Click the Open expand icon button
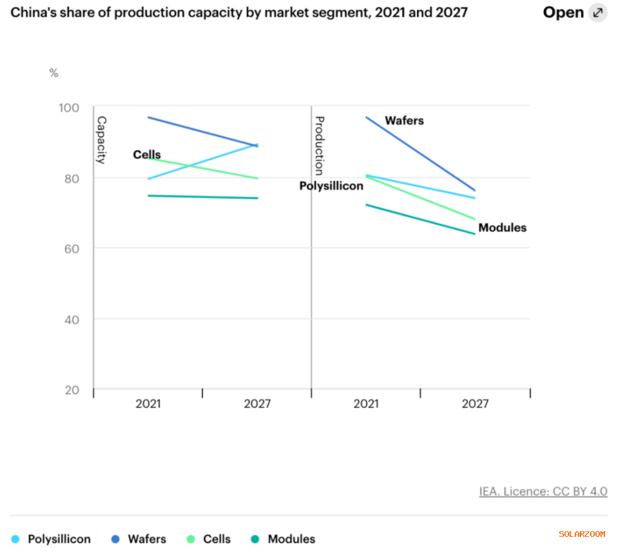click(x=598, y=13)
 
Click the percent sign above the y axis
click(x=54, y=73)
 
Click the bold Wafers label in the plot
click(x=404, y=121)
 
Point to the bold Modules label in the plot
click(x=502, y=228)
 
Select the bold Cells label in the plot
click(x=147, y=154)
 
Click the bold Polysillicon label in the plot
click(x=331, y=186)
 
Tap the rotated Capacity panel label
click(x=101, y=140)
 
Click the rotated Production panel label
click(x=320, y=145)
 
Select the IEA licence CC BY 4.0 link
click(x=543, y=492)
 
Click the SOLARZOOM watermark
click(x=582, y=534)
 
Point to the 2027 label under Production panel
click(x=475, y=404)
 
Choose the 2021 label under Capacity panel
click(x=148, y=404)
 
